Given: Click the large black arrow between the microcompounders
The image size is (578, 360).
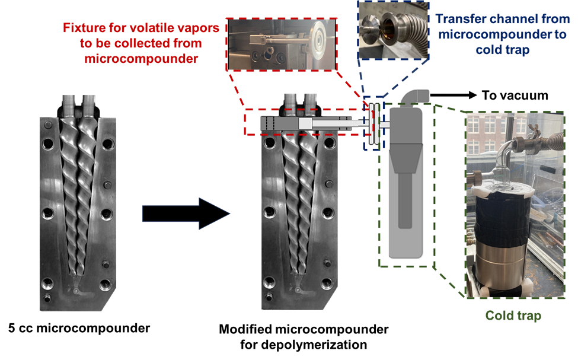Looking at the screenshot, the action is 186,214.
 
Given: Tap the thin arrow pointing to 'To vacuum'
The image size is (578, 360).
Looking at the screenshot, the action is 454,95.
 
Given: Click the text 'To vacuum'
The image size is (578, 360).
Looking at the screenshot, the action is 515,95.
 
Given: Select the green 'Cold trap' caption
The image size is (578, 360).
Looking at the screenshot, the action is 513,316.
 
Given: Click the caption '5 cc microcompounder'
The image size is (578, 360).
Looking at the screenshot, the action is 79,328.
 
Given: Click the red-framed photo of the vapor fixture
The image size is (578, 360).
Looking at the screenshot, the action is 282,44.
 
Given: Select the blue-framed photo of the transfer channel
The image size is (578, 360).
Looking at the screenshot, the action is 394,30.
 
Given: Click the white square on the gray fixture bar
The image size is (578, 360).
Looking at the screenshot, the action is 305,123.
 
